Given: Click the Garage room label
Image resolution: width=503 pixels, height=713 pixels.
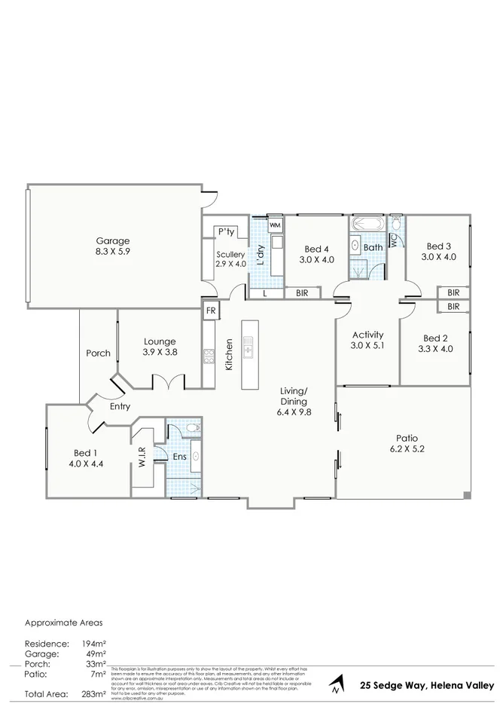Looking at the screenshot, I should [x=112, y=241].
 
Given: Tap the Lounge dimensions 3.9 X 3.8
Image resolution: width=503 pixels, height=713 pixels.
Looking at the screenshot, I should [x=160, y=352].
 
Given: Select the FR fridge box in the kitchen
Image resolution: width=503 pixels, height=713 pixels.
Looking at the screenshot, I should [x=210, y=311].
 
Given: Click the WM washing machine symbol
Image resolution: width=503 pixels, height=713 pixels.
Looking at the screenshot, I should [x=275, y=225].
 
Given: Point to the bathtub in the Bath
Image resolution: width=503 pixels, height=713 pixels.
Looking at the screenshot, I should [x=367, y=224].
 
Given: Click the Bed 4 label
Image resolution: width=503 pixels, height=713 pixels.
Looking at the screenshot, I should [x=316, y=249].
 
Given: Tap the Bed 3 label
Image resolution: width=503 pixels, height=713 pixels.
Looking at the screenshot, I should [x=438, y=246].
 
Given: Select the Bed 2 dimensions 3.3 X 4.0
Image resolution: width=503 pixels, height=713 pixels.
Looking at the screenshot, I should [x=435, y=349].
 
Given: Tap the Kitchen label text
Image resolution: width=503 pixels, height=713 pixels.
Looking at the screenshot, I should [x=229, y=353].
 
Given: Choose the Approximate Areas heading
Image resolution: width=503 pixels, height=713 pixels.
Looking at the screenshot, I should [x=63, y=623].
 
